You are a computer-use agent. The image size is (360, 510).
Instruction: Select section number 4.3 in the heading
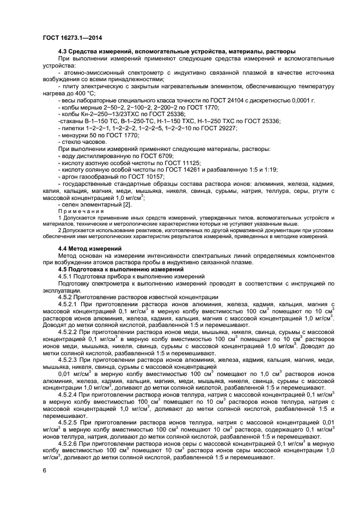coord(63,51)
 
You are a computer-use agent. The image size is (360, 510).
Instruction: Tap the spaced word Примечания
coord(81,210)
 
